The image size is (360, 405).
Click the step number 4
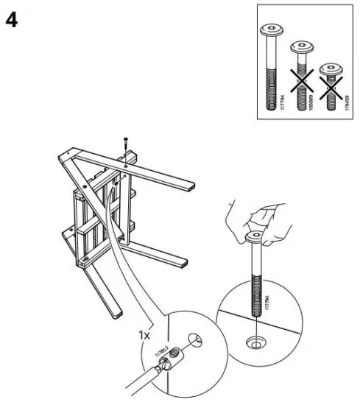13,20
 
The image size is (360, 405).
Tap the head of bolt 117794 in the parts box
269,32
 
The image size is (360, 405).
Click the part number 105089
313,95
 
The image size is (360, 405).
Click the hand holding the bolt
250,217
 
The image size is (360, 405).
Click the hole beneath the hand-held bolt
254,341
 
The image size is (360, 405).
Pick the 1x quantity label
144,336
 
